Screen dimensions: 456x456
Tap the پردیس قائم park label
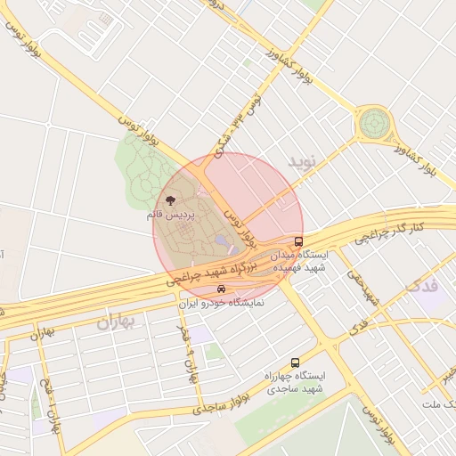coord(170,216)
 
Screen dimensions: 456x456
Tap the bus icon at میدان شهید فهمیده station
coord(298,241)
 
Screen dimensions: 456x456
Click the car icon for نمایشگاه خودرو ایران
coord(221,289)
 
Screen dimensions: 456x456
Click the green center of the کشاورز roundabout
coord(373,124)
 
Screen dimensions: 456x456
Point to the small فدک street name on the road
coord(360,325)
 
